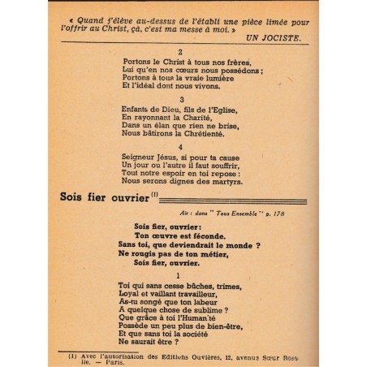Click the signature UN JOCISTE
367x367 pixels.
[270, 39]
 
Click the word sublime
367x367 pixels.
[208, 309]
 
